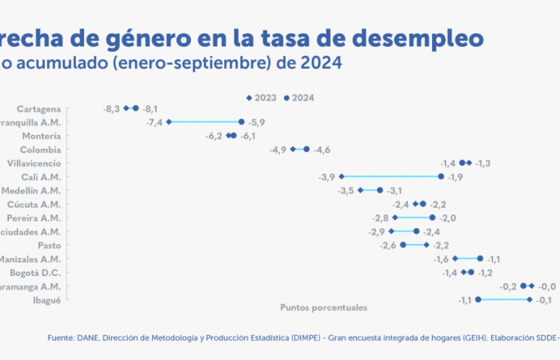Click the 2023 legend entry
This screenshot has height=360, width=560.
click(x=262, y=98)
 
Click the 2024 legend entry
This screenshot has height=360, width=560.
click(x=299, y=98)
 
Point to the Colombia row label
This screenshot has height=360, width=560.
click(x=41, y=150)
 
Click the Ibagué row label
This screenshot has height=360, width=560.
click(x=48, y=300)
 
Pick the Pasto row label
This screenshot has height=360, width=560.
click(x=50, y=245)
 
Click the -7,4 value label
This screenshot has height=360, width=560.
click(x=154, y=122)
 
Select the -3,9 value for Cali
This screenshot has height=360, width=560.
click(x=326, y=177)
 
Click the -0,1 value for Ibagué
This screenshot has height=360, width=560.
click(x=544, y=300)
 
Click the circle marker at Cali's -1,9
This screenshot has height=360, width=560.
click(x=441, y=176)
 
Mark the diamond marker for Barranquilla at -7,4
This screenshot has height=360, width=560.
click(x=169, y=122)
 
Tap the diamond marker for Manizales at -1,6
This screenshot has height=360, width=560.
click(x=455, y=258)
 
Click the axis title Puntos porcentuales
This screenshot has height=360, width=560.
click(x=323, y=307)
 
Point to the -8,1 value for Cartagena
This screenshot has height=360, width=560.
click(x=150, y=108)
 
